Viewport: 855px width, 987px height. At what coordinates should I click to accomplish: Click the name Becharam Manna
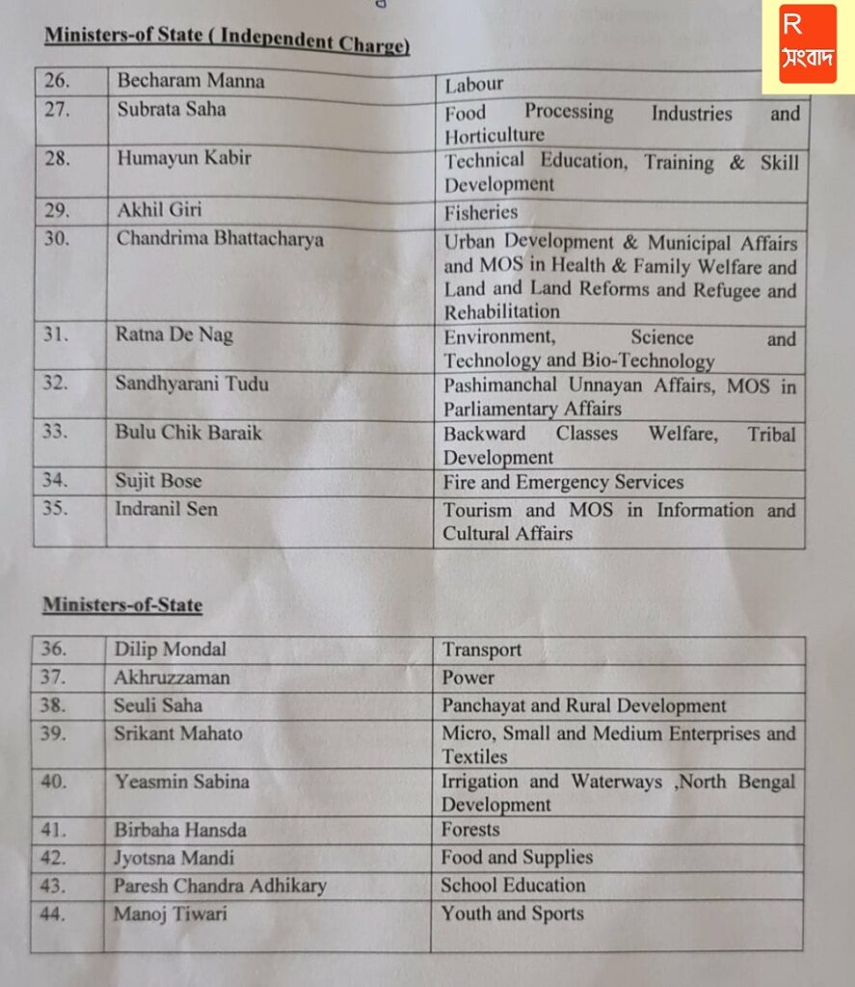pos(190,82)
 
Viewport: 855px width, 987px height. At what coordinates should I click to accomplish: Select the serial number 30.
pos(57,238)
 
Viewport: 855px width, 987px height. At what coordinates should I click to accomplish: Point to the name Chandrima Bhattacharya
pos(220,238)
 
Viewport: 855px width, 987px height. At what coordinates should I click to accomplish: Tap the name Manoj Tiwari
pos(171,913)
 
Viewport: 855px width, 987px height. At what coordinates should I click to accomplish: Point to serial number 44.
pos(54,914)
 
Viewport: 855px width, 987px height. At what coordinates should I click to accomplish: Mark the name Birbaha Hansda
pos(180,830)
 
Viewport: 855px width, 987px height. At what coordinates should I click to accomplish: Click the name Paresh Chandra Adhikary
pos(220,885)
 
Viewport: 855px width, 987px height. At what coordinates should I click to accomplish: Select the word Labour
pos(474,86)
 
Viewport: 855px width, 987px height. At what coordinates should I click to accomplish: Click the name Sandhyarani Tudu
pos(192,385)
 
